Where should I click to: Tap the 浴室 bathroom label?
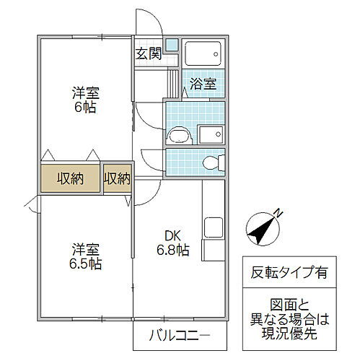pyautogui.click(x=203, y=84)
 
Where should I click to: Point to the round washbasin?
pyautogui.click(x=177, y=135)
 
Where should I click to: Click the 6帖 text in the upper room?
pyautogui.click(x=85, y=108)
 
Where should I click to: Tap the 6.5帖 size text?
pyautogui.click(x=86, y=264)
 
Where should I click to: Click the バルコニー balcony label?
pyautogui.click(x=179, y=336)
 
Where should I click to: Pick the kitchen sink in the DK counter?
pyautogui.click(x=214, y=227)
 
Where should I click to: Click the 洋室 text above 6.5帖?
pyautogui.click(x=85, y=249)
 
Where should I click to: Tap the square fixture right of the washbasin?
pyautogui.click(x=211, y=134)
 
